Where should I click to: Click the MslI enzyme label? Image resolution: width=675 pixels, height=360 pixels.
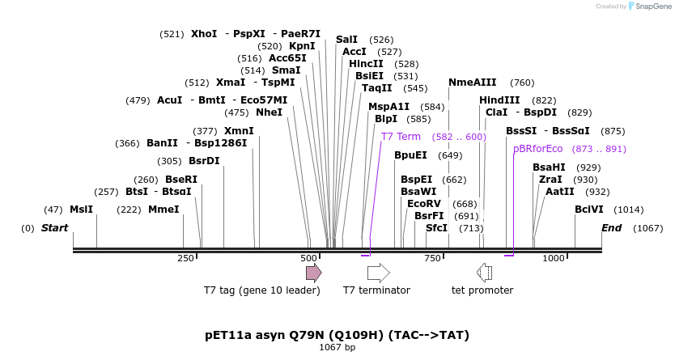coord(81,210)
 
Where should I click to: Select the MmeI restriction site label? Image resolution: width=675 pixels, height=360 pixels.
coord(163,210)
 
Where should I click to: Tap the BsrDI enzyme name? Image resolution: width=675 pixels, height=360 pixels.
coord(204,161)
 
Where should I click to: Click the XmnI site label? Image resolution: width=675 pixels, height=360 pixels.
coord(239,131)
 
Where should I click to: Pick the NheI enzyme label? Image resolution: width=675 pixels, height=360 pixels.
coord(269,112)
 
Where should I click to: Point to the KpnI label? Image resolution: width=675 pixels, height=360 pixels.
coord(302,46)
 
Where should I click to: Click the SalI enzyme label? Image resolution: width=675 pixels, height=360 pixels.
coord(346,40)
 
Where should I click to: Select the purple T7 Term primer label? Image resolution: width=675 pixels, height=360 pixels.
coord(401,137)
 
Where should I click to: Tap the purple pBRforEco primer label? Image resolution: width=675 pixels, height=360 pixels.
coord(537,149)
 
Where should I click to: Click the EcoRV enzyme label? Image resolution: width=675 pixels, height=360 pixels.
coord(424,204)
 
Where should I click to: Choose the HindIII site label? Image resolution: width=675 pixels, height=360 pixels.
coord(499,100)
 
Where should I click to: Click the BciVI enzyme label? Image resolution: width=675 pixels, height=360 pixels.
coord(589,210)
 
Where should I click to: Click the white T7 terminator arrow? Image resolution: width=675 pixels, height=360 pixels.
coord(378,272)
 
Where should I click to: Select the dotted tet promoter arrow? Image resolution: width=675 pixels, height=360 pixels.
coord(484,272)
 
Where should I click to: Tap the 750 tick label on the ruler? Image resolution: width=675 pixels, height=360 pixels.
coord(433,258)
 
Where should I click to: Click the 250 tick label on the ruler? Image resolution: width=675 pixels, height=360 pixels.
coord(185,258)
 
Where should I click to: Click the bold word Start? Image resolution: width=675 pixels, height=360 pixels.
coord(55,228)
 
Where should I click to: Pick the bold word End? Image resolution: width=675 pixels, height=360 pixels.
coord(611,228)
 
